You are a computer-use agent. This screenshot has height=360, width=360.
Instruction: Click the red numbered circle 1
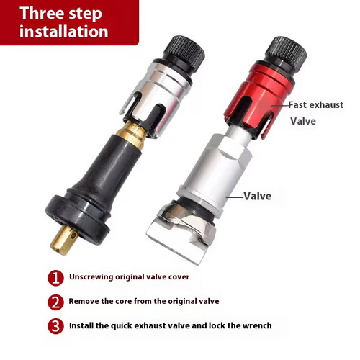pyautogui.click(x=55, y=278)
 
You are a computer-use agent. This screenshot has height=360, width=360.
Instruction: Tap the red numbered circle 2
pyautogui.click(x=55, y=302)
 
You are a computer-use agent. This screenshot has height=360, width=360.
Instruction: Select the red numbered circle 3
pyautogui.click(x=55, y=326)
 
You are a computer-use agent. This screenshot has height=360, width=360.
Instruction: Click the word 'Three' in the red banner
pyautogui.click(x=42, y=13)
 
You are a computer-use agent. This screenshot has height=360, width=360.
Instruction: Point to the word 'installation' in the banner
pyautogui.click(x=64, y=32)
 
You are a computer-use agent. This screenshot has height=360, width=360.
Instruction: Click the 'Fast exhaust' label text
pyautogui.click(x=316, y=105)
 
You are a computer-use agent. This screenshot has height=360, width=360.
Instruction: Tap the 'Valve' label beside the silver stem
pyautogui.click(x=258, y=197)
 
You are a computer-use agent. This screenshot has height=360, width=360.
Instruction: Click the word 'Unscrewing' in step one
pyautogui.click(x=91, y=277)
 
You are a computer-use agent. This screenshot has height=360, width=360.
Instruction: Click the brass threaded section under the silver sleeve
pyautogui.click(x=132, y=135)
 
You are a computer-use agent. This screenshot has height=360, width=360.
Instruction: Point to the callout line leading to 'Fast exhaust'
pyautogui.click(x=280, y=105)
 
